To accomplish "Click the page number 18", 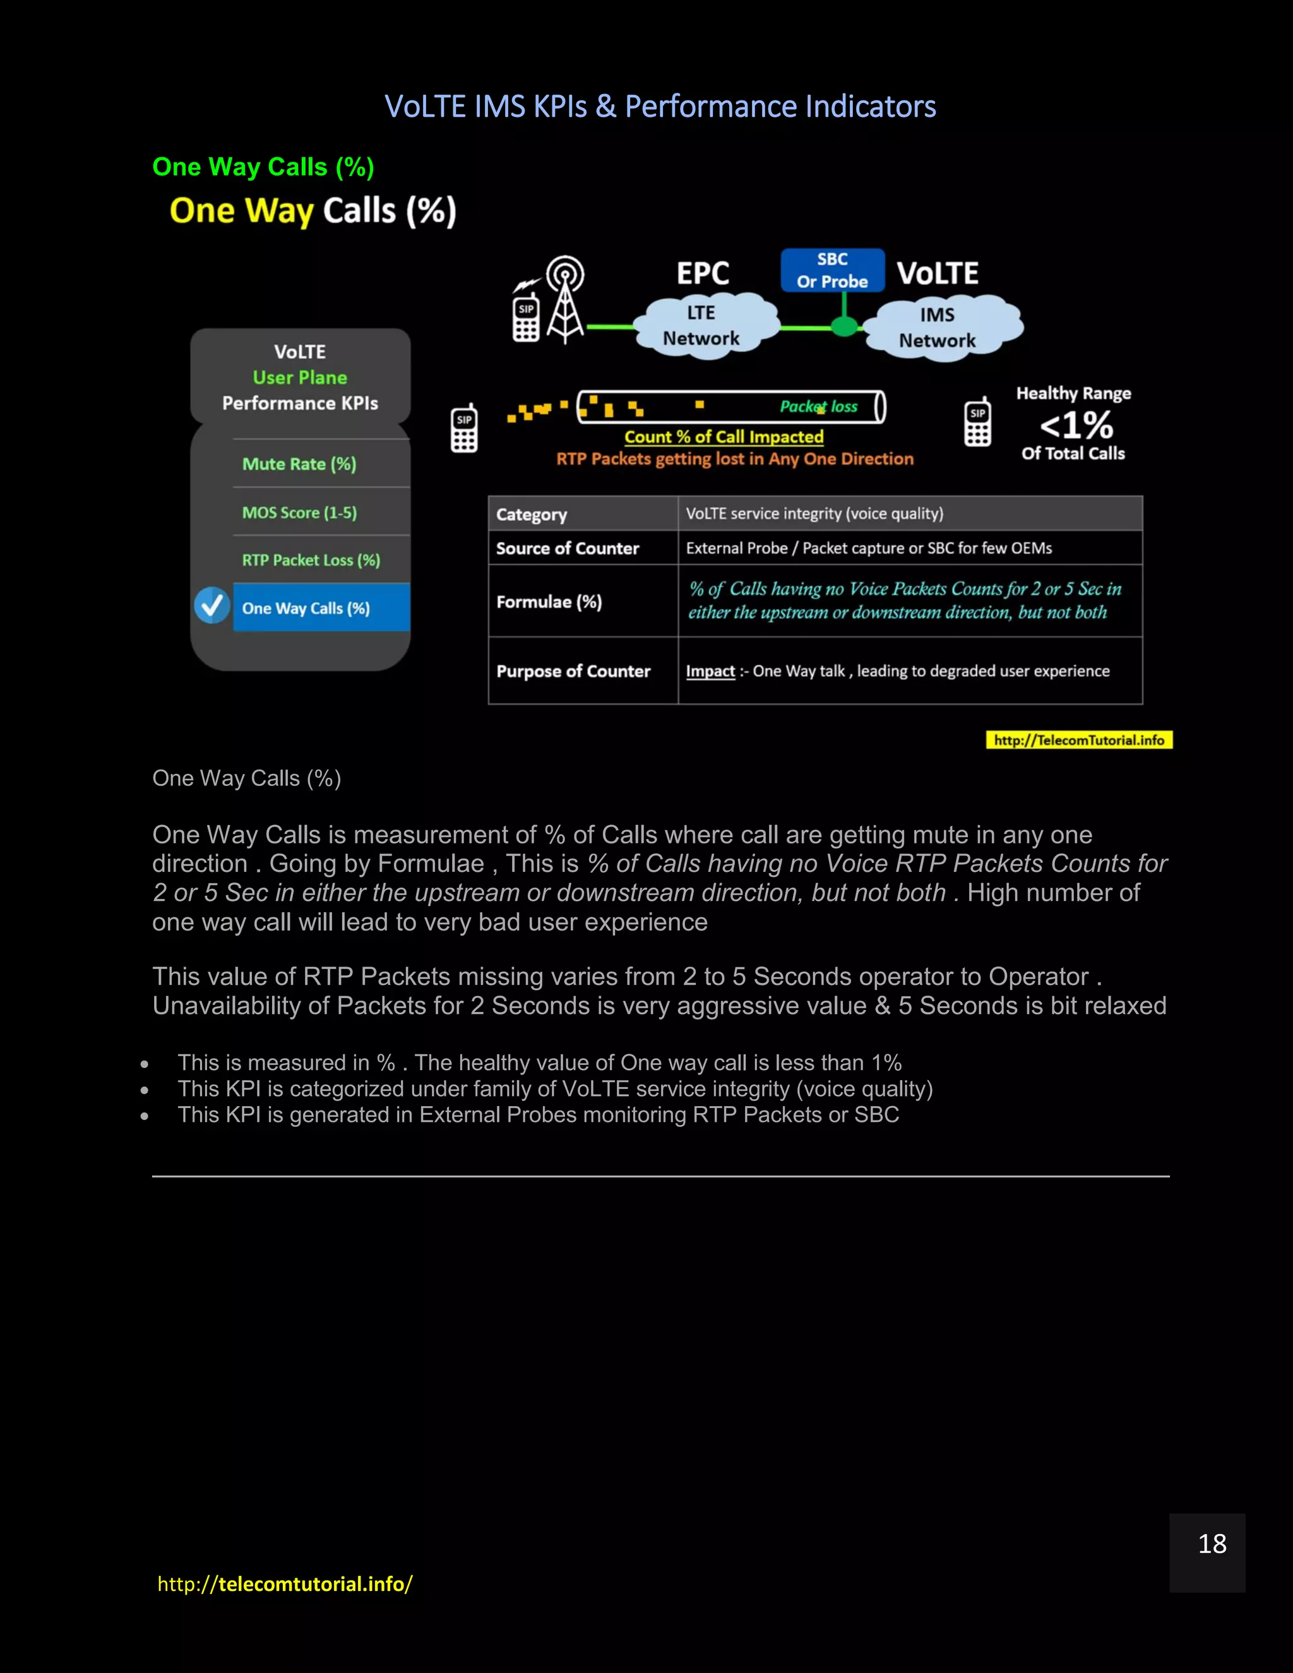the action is pyautogui.click(x=1212, y=1544).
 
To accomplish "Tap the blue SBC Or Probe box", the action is pyautogui.click(x=832, y=270).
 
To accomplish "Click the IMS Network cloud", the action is pyautogui.click(x=938, y=328).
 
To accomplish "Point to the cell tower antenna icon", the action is pyautogui.click(x=565, y=299).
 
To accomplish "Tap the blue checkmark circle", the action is pyautogui.click(x=212, y=606).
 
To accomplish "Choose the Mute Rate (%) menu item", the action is pyautogui.click(x=299, y=464).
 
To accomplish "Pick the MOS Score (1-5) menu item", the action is pyautogui.click(x=299, y=513).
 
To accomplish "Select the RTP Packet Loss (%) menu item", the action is pyautogui.click(x=311, y=560).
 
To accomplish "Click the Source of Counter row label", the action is pyautogui.click(x=568, y=549).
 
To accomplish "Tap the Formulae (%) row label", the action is pyautogui.click(x=549, y=602).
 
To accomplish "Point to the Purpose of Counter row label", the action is pyautogui.click(x=573, y=671).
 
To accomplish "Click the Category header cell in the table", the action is pyautogui.click(x=532, y=515).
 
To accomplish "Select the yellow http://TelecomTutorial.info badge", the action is pyautogui.click(x=1078, y=740).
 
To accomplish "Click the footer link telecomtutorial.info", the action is pyautogui.click(x=285, y=1583).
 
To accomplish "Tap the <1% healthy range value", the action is pyautogui.click(x=1076, y=424).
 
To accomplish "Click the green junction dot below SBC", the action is pyautogui.click(x=844, y=327).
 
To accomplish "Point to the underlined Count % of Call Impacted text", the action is pyautogui.click(x=724, y=437).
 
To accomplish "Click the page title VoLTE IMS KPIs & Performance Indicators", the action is pyautogui.click(x=660, y=107).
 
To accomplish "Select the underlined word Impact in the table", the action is pyautogui.click(x=710, y=671).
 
